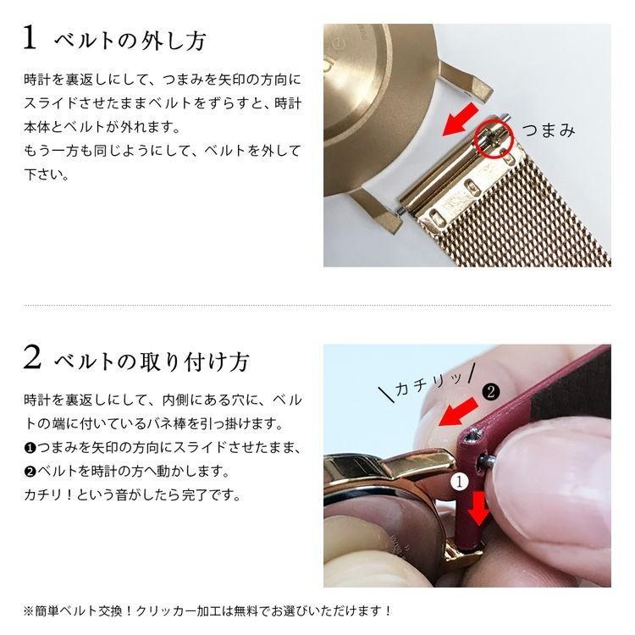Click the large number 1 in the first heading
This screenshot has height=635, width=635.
pyautogui.click(x=30, y=38)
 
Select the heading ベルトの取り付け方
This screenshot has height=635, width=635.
pyautogui.click(x=152, y=362)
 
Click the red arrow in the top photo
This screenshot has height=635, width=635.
pyautogui.click(x=461, y=122)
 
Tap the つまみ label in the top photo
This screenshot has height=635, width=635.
pyautogui.click(x=548, y=130)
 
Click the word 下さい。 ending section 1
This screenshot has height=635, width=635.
pyautogui.click(x=47, y=176)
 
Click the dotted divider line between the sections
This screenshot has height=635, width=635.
pyautogui.click(x=317, y=305)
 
